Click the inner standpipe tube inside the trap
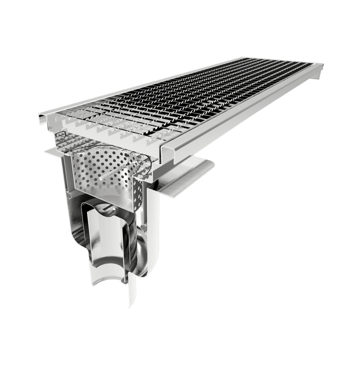pos(101,243)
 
